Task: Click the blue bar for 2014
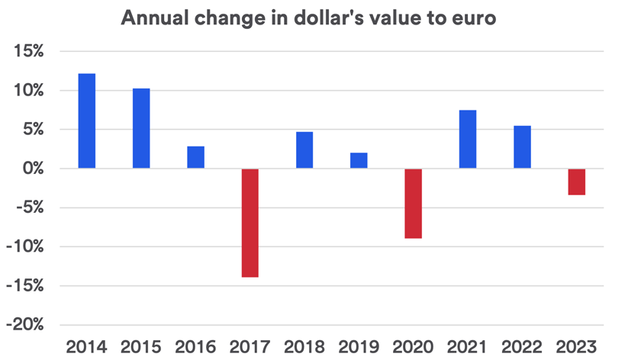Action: point(87,121)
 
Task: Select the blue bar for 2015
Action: point(141,128)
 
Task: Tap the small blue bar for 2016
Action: point(195,157)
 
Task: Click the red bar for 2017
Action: point(250,223)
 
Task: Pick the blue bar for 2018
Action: point(304,150)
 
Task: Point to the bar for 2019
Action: point(359,160)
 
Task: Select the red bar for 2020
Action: point(413,204)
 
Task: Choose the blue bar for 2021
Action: point(468,140)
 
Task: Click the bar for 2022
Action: point(522,147)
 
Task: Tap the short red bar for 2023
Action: point(576,182)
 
